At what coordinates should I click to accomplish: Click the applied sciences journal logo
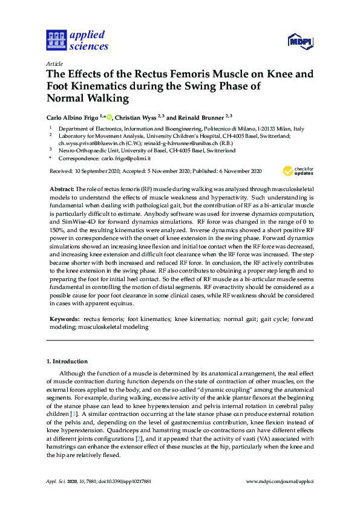point(77,40)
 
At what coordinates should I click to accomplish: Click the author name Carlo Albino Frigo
point(74,117)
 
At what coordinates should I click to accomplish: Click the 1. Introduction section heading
point(67,361)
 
